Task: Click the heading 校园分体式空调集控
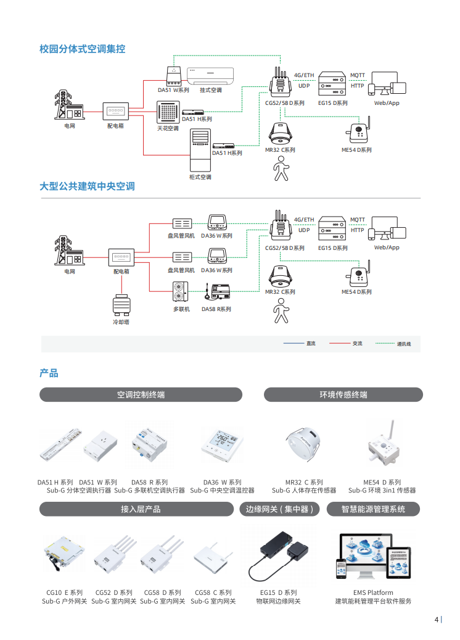pos(83,49)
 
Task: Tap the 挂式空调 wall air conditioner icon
pos(210,76)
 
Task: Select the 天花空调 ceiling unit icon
pos(168,112)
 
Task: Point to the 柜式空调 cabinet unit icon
pos(200,150)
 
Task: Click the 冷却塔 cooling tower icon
pos(121,305)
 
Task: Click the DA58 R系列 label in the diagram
pos(216,309)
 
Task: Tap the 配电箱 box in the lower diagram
pos(121,257)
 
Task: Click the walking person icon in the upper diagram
pos(281,168)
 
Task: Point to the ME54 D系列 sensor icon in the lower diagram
pos(358,273)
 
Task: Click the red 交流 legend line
pos(340,343)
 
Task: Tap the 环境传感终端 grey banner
pos(343,395)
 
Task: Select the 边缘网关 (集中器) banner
pos(279,509)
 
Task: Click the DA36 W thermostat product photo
pos(222,444)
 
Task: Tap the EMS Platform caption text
pos(373,592)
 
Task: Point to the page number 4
pos(437,620)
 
